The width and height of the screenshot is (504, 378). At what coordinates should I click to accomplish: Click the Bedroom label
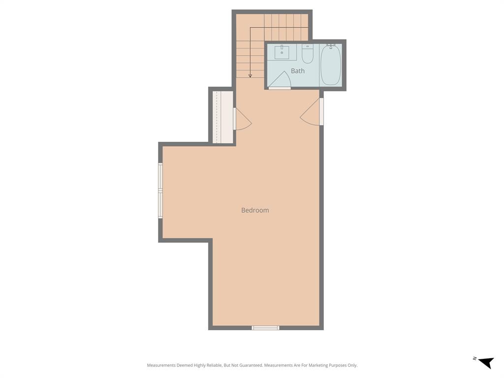point(255,210)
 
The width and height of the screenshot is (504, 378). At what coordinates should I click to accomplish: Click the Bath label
point(297,71)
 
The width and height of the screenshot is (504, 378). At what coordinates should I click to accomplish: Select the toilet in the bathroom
point(308,56)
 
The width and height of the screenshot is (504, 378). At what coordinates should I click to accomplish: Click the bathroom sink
point(282,52)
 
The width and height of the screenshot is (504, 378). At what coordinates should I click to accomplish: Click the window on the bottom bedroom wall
point(265,328)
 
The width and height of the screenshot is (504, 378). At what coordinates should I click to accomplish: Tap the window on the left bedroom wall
point(160,190)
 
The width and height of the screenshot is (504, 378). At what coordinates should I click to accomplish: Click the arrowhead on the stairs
point(250,76)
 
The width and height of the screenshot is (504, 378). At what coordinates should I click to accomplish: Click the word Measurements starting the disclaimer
point(161,365)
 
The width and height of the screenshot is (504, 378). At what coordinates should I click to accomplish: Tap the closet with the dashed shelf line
point(222,117)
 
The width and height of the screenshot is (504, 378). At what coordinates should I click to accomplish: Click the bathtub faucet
point(331,46)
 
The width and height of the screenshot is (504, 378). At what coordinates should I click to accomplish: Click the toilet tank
point(308,46)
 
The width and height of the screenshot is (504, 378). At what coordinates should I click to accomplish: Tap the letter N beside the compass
point(474,358)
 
